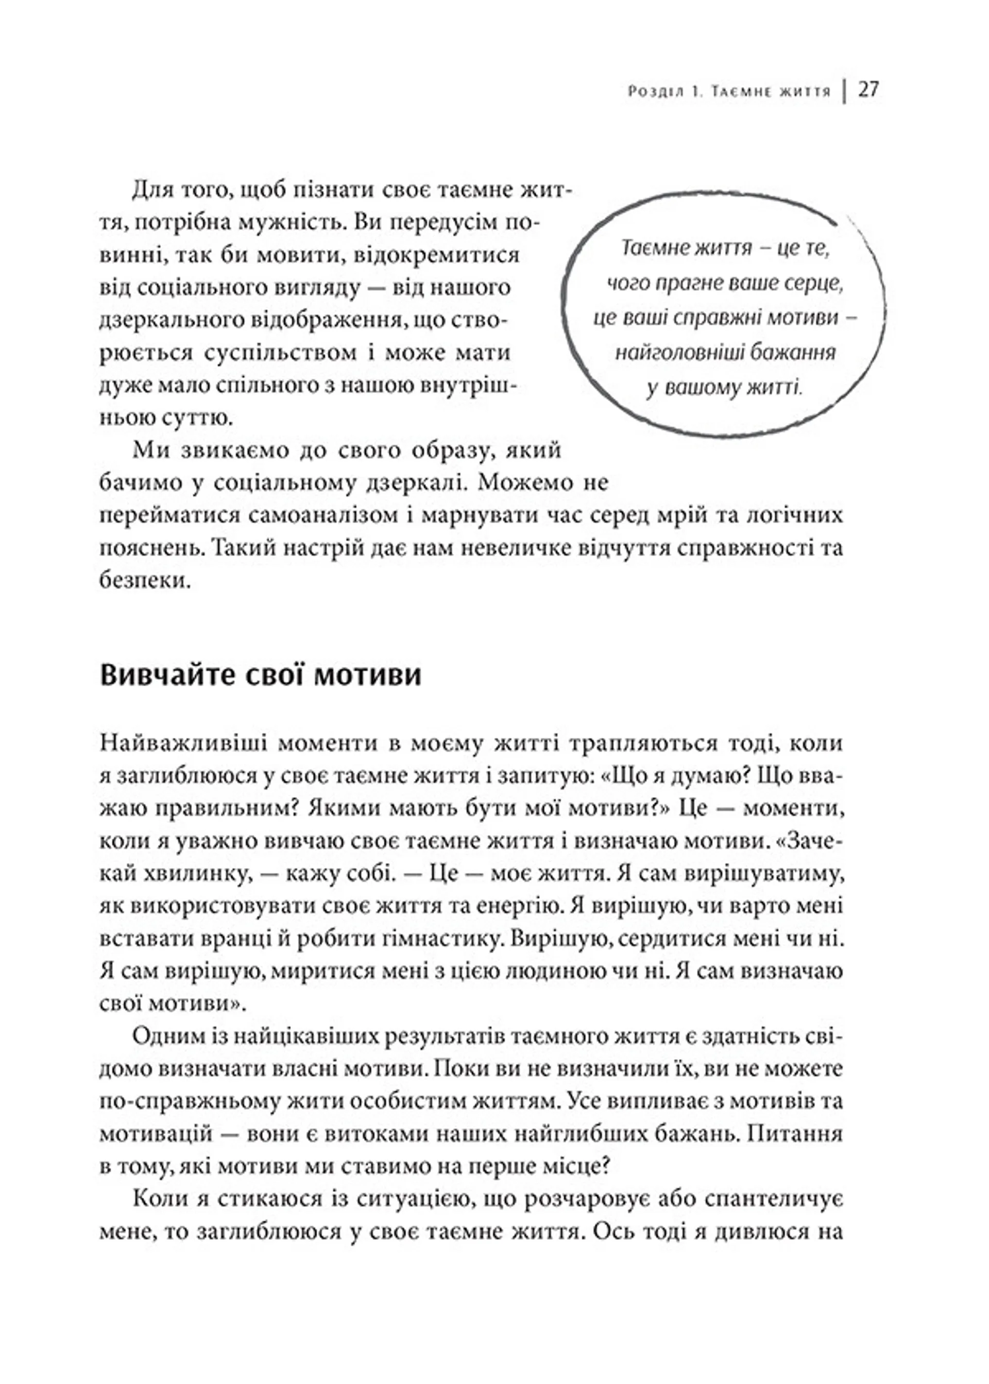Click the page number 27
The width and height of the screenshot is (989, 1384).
point(868,90)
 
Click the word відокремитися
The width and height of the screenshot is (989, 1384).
point(447,254)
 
